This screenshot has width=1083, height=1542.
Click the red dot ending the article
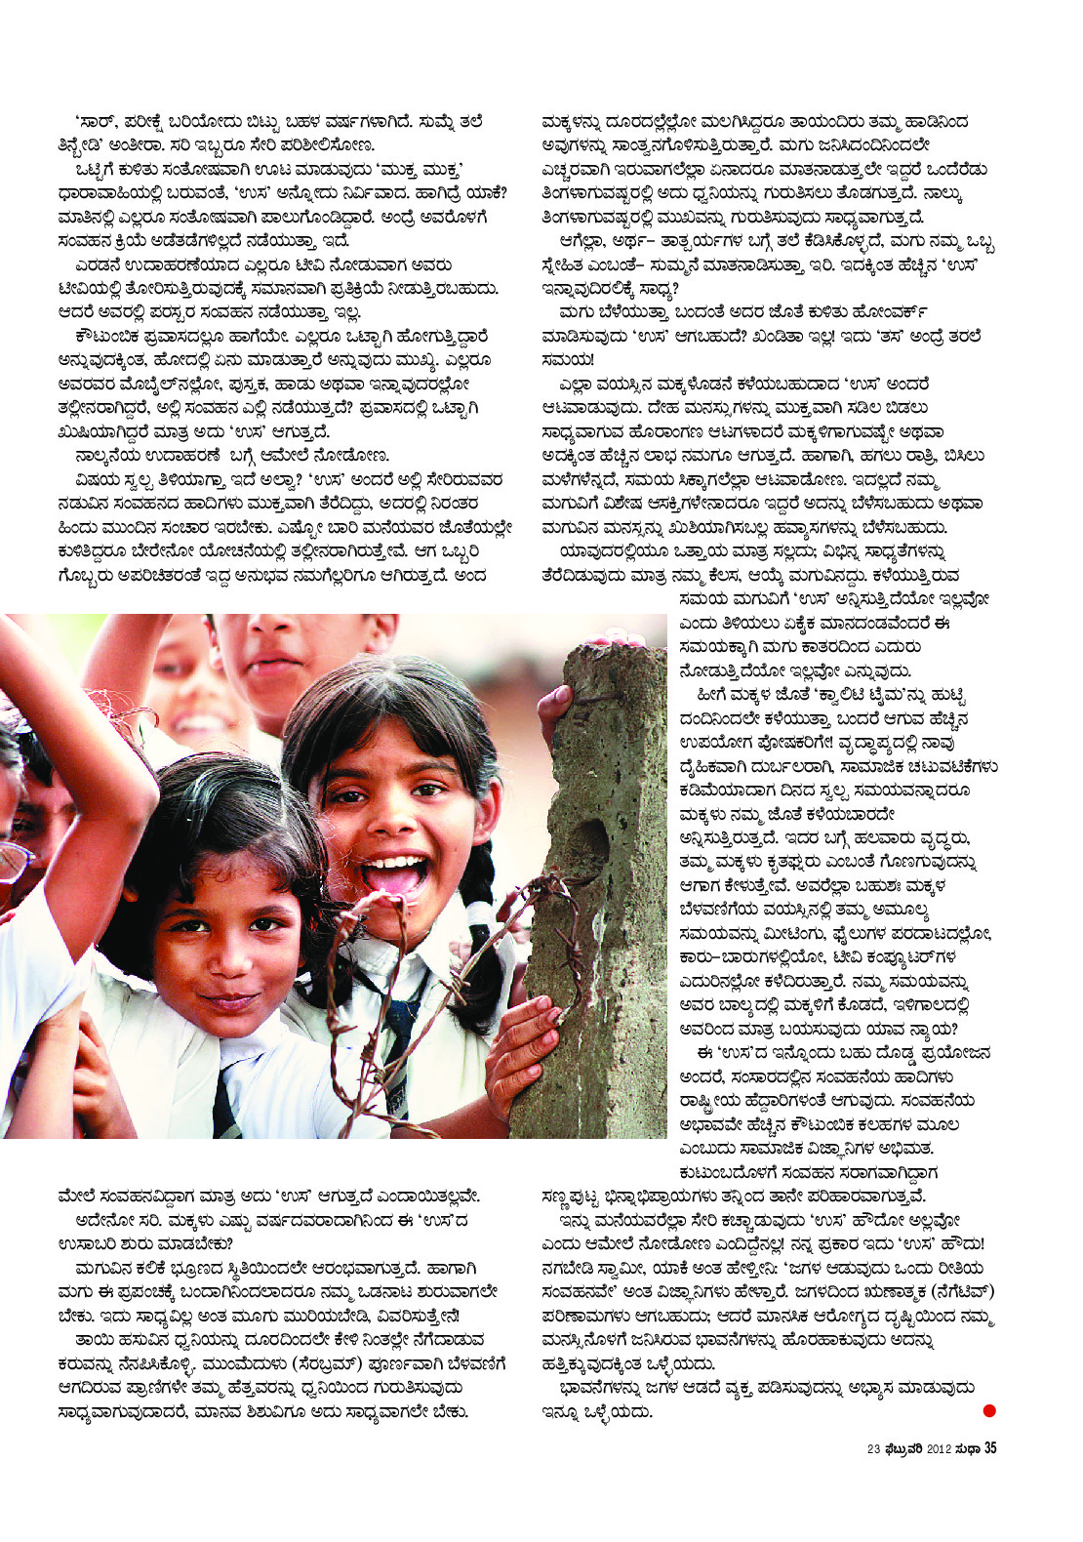pos(989,1409)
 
